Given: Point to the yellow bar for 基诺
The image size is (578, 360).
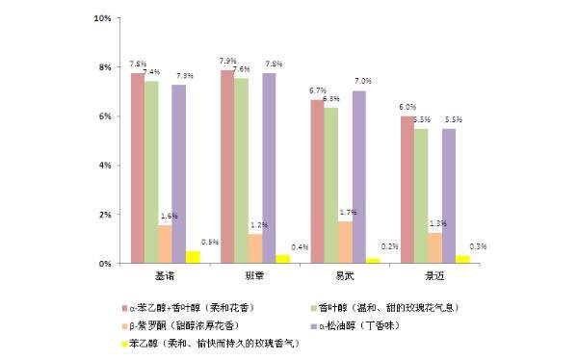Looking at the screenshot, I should click(x=193, y=257).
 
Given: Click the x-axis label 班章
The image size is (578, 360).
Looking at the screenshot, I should click(x=255, y=276).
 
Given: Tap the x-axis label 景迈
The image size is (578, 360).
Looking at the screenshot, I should click(x=435, y=276).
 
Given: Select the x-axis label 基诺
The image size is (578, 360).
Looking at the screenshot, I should click(x=165, y=276).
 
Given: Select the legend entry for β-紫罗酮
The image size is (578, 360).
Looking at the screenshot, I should click(x=193, y=325).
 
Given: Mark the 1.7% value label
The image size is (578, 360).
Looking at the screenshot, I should click(x=349, y=212).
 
